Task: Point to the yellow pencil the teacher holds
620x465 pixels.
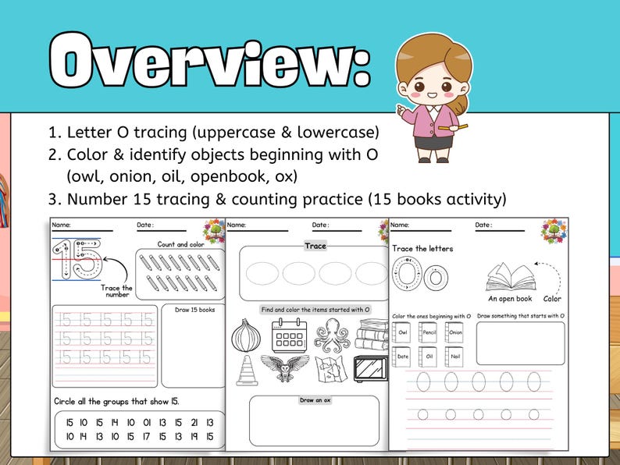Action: tap(452, 126)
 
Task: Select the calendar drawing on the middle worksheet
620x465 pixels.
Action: tap(288, 335)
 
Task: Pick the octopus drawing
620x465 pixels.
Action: tap(331, 335)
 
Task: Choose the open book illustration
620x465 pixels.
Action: tap(510, 276)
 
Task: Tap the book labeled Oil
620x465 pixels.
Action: tap(429, 356)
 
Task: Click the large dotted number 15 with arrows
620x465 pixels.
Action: tap(77, 261)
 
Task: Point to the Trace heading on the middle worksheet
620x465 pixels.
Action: tap(315, 246)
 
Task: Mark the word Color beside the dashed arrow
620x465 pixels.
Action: tap(552, 298)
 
